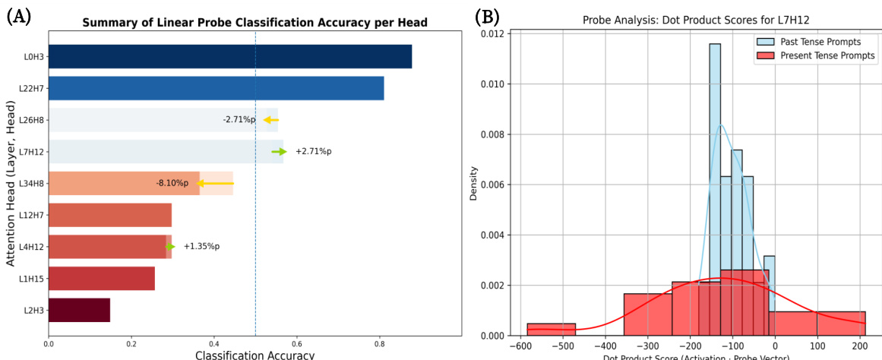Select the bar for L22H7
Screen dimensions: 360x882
(216, 88)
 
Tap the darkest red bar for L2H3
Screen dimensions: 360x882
(79, 310)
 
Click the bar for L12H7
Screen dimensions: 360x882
(109, 215)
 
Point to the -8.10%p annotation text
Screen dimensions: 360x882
(172, 183)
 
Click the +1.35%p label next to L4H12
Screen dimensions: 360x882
(201, 246)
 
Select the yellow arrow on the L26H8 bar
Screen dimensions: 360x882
(270, 120)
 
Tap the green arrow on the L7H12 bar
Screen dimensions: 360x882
(279, 152)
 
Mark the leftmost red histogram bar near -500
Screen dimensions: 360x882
(551, 330)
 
